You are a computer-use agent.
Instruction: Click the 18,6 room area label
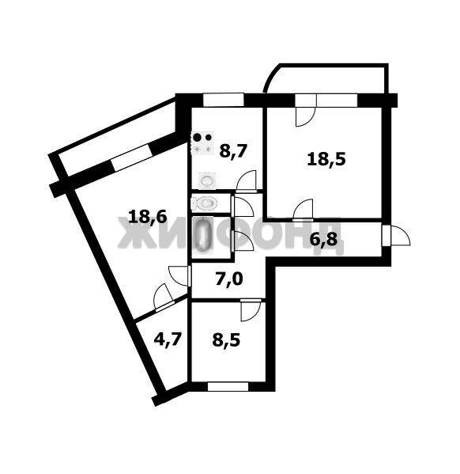coord(147,217)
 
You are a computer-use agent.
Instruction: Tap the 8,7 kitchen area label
coord(233,151)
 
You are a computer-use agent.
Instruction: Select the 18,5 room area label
coord(326,159)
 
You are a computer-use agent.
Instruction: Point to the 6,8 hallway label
coord(323,241)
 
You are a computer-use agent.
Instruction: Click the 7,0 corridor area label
coord(229,279)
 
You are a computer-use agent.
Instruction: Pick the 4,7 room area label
coord(168,339)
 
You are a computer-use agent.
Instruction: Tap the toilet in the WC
coord(204,203)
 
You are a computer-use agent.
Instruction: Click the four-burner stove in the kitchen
coord(202,143)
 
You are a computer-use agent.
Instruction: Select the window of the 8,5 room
coord(228,387)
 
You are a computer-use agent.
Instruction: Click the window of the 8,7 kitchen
coord(223,100)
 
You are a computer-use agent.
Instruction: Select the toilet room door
coord(242,206)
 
